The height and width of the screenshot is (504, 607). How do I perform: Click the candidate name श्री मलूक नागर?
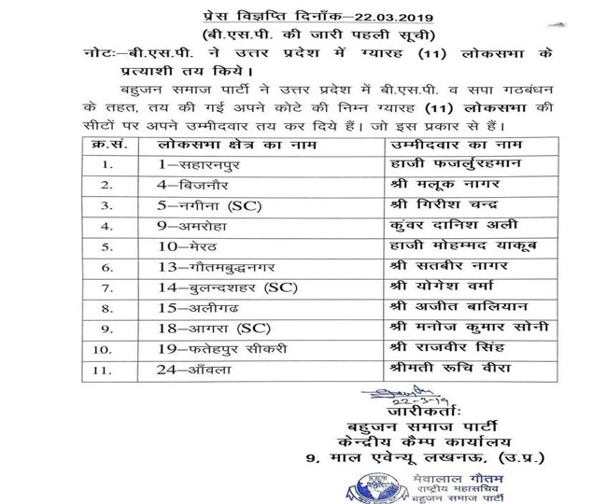pos(429,187)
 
